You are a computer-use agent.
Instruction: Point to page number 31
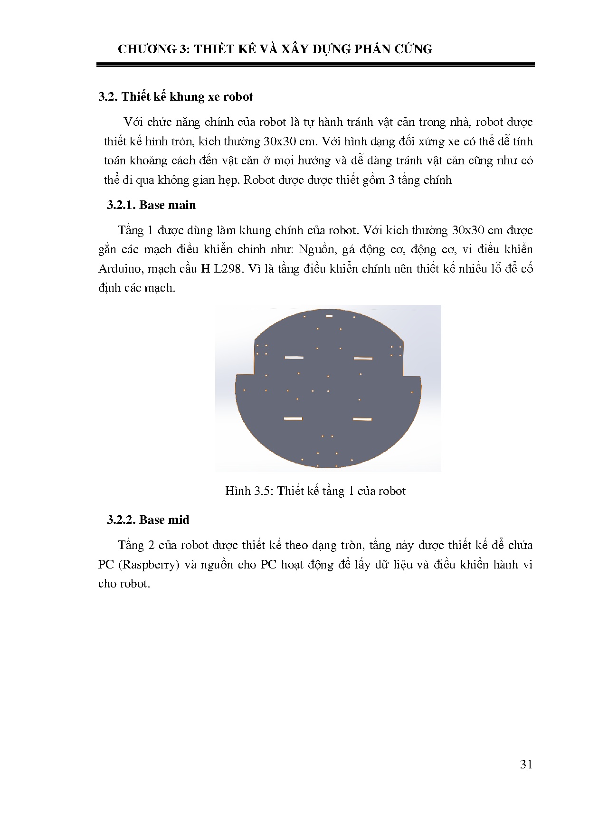tap(526, 764)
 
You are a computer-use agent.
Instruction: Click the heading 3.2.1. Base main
tap(151, 205)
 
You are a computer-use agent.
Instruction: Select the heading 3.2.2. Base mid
tap(148, 520)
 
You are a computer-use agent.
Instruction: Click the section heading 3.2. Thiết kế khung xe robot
tap(175, 97)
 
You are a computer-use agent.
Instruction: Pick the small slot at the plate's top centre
tap(329, 316)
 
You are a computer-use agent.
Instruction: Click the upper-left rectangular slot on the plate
tap(294, 358)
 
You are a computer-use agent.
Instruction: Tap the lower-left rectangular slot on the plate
tap(293, 418)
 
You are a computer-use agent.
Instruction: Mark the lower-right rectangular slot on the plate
tap(362, 419)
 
